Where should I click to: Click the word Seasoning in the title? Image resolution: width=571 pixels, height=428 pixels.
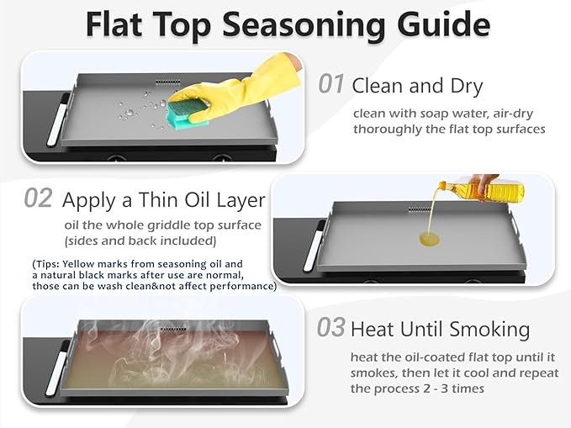303,25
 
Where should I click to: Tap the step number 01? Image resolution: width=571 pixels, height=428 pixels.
330,84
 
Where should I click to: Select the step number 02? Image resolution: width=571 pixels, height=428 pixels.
38,198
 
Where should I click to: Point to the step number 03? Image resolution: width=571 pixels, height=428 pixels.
330,327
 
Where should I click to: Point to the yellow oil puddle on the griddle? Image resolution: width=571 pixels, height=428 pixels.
430,239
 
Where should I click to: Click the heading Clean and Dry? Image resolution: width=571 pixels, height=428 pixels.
417,87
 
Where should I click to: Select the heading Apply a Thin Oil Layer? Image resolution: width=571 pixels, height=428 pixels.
163,200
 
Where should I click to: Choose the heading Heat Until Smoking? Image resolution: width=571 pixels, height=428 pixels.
440,330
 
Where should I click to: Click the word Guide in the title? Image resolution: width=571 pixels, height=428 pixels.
443,24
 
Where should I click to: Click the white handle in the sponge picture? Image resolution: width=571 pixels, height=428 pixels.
59,119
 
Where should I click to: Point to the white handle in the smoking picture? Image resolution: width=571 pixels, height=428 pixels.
57,368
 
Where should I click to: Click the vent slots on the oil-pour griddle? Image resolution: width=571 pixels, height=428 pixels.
420,210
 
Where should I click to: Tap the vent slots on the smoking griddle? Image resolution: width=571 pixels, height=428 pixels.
173,330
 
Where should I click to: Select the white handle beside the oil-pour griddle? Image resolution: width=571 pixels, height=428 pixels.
315,246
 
